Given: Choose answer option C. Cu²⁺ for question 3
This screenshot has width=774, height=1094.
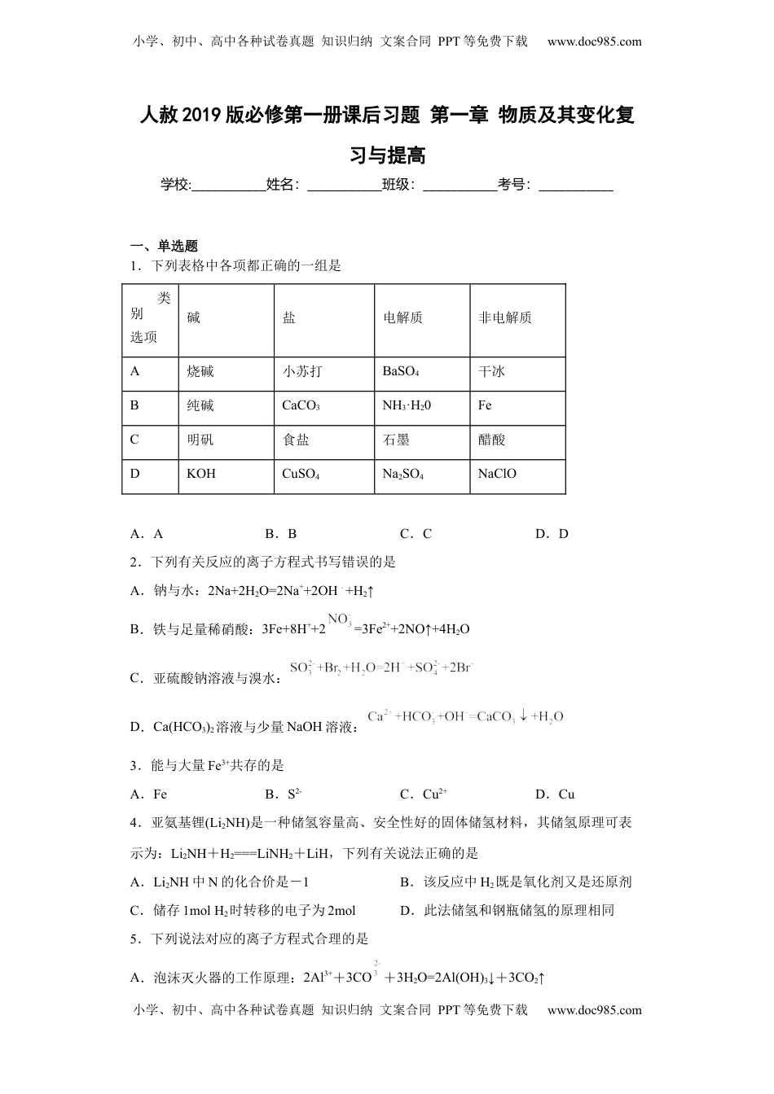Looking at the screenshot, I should pyautogui.click(x=424, y=794).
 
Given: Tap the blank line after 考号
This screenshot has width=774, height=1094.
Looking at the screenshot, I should pyautogui.click(x=576, y=186).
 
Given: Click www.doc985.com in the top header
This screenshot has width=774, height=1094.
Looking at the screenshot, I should pyautogui.click(x=594, y=42).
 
